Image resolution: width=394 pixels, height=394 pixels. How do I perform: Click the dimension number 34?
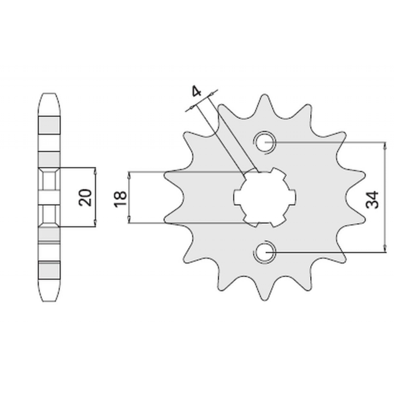(x=372, y=200)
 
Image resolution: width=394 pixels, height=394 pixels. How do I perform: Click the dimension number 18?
(x=120, y=199)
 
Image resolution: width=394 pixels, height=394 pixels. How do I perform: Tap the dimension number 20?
(x=85, y=197)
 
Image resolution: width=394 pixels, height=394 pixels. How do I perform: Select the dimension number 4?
(x=197, y=91)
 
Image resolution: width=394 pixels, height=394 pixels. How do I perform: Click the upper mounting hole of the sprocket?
(x=264, y=142)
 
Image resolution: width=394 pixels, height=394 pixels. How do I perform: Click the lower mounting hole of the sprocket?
(x=264, y=252)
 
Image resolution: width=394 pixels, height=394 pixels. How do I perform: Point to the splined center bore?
(x=264, y=197)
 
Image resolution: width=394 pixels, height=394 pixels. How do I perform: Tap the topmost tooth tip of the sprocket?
(x=264, y=95)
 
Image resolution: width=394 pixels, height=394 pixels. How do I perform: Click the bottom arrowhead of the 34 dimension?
(x=385, y=248)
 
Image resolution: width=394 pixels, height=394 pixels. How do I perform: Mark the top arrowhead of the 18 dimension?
(x=129, y=175)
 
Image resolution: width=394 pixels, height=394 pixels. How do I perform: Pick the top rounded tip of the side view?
(x=50, y=94)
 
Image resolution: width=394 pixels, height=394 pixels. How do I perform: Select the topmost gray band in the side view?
(x=49, y=125)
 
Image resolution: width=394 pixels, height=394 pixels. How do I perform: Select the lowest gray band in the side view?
(x=49, y=270)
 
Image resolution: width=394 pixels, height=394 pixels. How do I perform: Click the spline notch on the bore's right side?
(x=293, y=197)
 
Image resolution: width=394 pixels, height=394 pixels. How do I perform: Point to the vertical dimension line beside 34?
(x=385, y=197)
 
